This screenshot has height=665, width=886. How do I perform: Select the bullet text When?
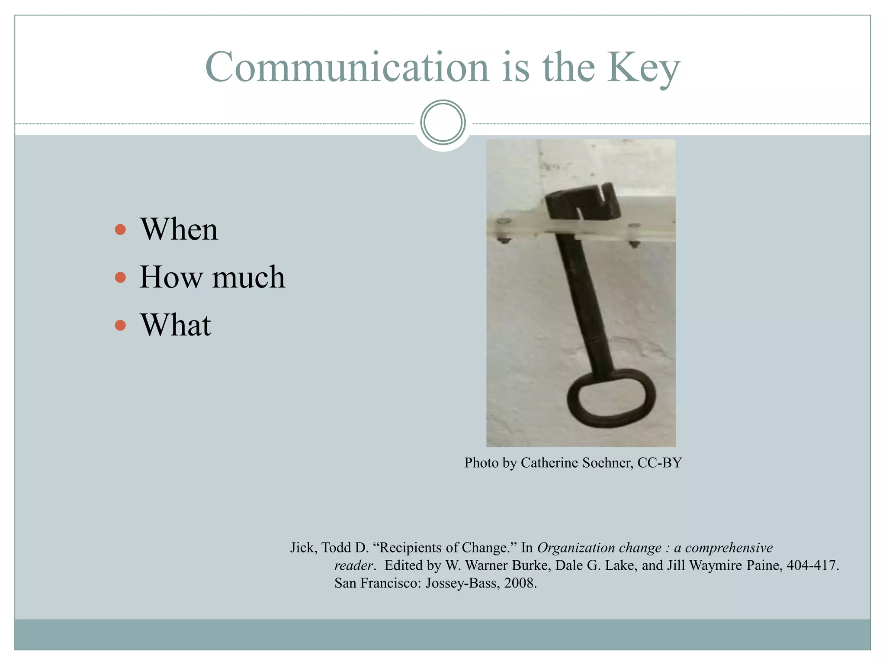[x=179, y=229]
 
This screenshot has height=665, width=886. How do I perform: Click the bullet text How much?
[x=212, y=277]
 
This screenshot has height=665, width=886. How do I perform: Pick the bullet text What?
[x=175, y=325]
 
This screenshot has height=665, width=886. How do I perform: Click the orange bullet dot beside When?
[x=120, y=229]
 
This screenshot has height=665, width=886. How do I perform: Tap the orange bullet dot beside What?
[x=120, y=325]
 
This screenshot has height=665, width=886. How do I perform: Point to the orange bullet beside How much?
[x=120, y=277]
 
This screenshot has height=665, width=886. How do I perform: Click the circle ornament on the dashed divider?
[x=443, y=123]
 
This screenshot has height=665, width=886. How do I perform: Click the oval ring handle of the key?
[x=611, y=398]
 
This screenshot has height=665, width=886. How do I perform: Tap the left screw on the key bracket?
[x=503, y=223]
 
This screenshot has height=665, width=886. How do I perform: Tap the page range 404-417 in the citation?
[x=812, y=565]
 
